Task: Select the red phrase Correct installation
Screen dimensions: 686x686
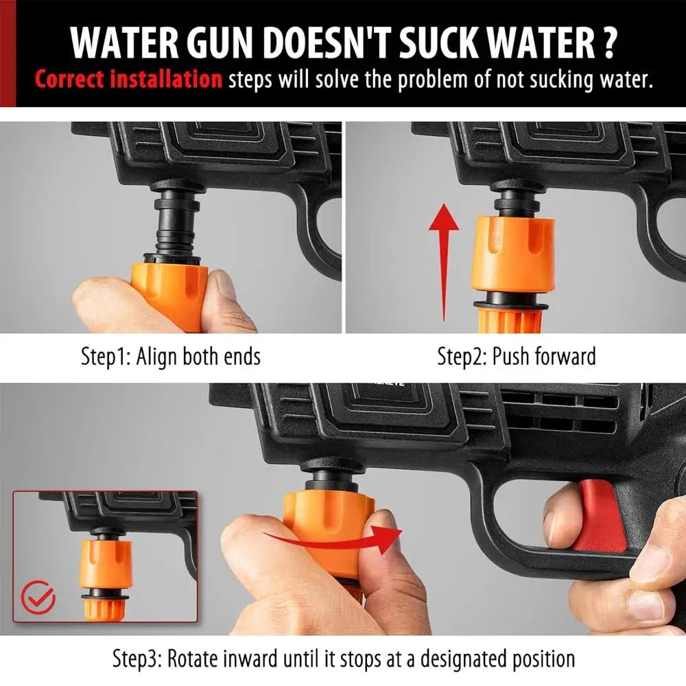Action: pos(128,79)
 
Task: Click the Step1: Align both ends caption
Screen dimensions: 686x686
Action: pos(171,357)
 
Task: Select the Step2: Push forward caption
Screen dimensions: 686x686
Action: pos(516,357)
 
